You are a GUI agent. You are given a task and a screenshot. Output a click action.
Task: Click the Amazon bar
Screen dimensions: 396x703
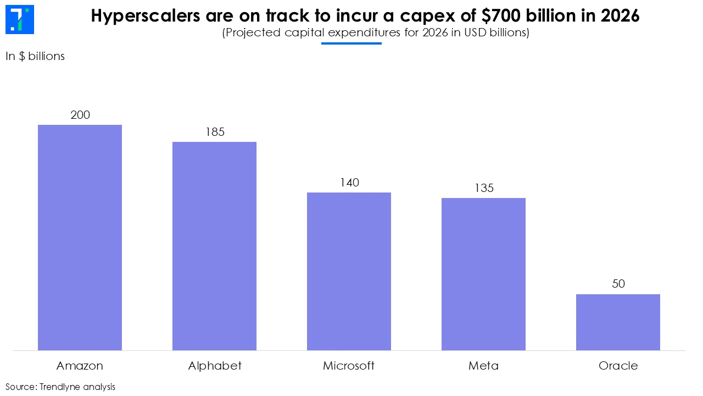click(x=80, y=238)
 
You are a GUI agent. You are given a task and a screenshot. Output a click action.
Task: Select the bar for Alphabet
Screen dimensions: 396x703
click(x=214, y=246)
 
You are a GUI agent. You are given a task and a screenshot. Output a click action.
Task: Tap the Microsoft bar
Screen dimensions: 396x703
click(x=349, y=271)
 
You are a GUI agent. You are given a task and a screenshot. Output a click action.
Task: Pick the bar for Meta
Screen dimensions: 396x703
click(x=483, y=274)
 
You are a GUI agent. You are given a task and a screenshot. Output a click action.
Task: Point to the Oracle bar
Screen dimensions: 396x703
click(x=618, y=322)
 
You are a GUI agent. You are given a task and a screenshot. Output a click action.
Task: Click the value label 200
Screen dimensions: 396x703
click(x=80, y=115)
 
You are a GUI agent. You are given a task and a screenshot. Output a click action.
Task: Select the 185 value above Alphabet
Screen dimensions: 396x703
click(x=215, y=132)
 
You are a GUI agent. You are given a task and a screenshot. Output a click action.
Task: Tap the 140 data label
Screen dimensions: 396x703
click(x=349, y=183)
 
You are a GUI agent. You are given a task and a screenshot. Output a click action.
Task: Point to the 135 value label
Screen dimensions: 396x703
click(x=484, y=188)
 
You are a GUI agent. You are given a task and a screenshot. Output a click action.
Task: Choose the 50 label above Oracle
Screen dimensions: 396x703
click(x=618, y=284)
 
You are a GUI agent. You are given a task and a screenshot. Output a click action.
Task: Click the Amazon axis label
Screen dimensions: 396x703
click(x=80, y=366)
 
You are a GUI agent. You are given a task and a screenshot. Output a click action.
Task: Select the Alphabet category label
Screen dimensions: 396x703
click(x=215, y=366)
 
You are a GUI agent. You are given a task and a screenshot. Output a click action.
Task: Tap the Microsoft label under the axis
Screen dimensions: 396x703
click(x=349, y=366)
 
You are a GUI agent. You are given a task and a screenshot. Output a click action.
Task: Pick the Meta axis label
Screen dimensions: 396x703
click(x=483, y=366)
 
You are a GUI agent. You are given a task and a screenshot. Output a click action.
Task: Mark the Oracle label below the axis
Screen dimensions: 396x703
click(x=618, y=366)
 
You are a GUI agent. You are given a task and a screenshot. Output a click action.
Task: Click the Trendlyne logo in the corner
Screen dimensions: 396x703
click(x=19, y=20)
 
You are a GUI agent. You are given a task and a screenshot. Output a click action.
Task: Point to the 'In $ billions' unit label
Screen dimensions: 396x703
click(x=35, y=56)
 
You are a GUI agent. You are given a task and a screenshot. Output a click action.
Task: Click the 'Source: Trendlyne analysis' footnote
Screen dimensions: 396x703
click(x=60, y=387)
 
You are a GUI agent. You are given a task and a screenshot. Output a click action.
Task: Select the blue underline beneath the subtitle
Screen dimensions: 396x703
click(x=351, y=43)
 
